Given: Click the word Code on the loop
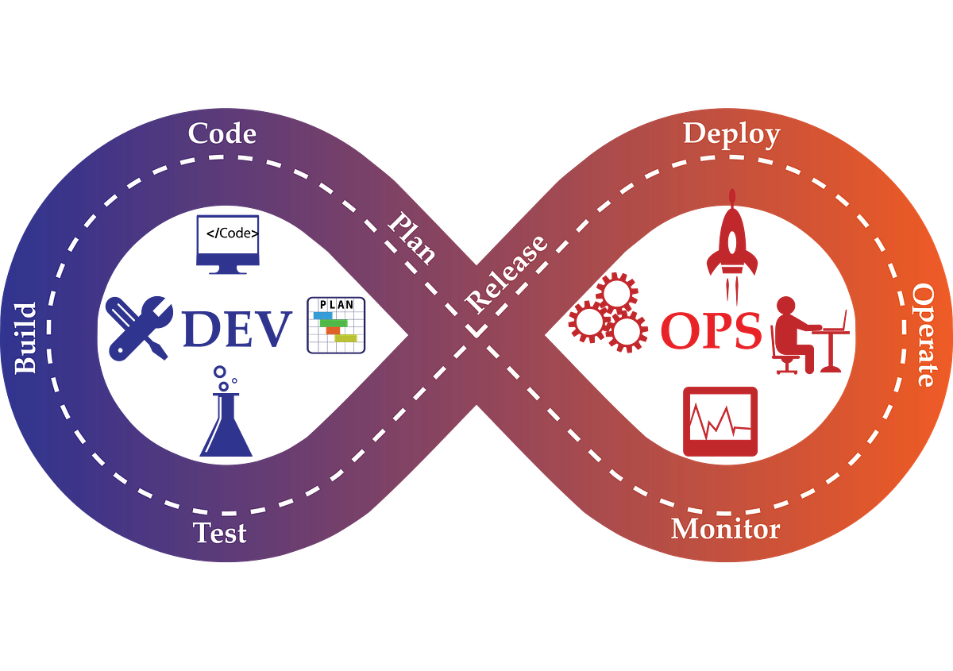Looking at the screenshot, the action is coord(222,133).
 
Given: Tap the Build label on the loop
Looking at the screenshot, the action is coord(25,339).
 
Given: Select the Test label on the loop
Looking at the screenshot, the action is coord(219,532).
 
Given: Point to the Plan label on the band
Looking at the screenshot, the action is coord(412,238).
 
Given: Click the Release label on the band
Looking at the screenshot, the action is coord(507,274).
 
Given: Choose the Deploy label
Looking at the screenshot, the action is coord(731,135).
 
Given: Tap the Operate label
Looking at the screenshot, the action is coord(924,335).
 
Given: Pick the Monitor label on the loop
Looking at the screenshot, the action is coord(726,530).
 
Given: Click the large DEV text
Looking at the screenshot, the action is coord(237,329).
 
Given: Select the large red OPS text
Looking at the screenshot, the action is coord(712,330).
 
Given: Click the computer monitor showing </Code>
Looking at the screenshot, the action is coord(228,245).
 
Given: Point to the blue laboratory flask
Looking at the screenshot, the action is coord(226,412).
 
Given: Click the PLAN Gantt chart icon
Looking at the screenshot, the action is coord(336,326).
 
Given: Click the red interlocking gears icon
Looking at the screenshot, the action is coord(608,313).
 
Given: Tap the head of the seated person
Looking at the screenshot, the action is coord(785,307).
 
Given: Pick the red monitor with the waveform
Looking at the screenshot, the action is coord(720,422).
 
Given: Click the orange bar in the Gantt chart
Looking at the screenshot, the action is coord(333,330).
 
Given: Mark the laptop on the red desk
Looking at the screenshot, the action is coord(835,322).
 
